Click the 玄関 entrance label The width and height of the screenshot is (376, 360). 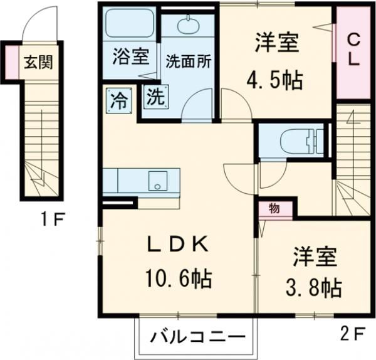coord(38,62)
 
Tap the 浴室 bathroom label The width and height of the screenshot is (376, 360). coord(130,57)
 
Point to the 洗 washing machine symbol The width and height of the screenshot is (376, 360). coord(155,97)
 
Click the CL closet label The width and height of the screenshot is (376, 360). coord(353,52)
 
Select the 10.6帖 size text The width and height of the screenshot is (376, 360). coord(179,277)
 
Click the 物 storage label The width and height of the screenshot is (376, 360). coord(274,208)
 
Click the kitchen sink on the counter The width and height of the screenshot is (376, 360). coord(155,183)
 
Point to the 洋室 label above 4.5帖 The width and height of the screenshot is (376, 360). coord(276,43)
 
